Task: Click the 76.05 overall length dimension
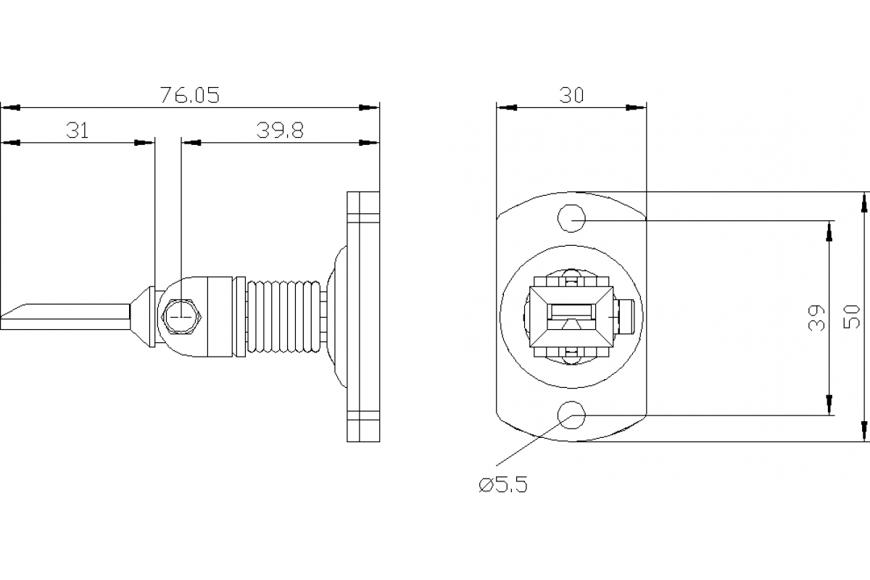(x=189, y=95)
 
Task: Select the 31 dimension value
(x=78, y=130)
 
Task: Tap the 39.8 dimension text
(x=279, y=130)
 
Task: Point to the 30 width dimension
(x=571, y=95)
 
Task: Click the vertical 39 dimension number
(x=817, y=317)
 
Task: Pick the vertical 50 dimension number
(x=853, y=317)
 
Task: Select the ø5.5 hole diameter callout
(x=503, y=484)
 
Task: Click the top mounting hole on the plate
(x=571, y=217)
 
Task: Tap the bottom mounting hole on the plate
(x=571, y=415)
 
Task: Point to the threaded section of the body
(x=284, y=317)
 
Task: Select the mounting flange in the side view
(x=363, y=317)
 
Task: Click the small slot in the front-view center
(x=571, y=312)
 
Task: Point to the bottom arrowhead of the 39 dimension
(x=829, y=407)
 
